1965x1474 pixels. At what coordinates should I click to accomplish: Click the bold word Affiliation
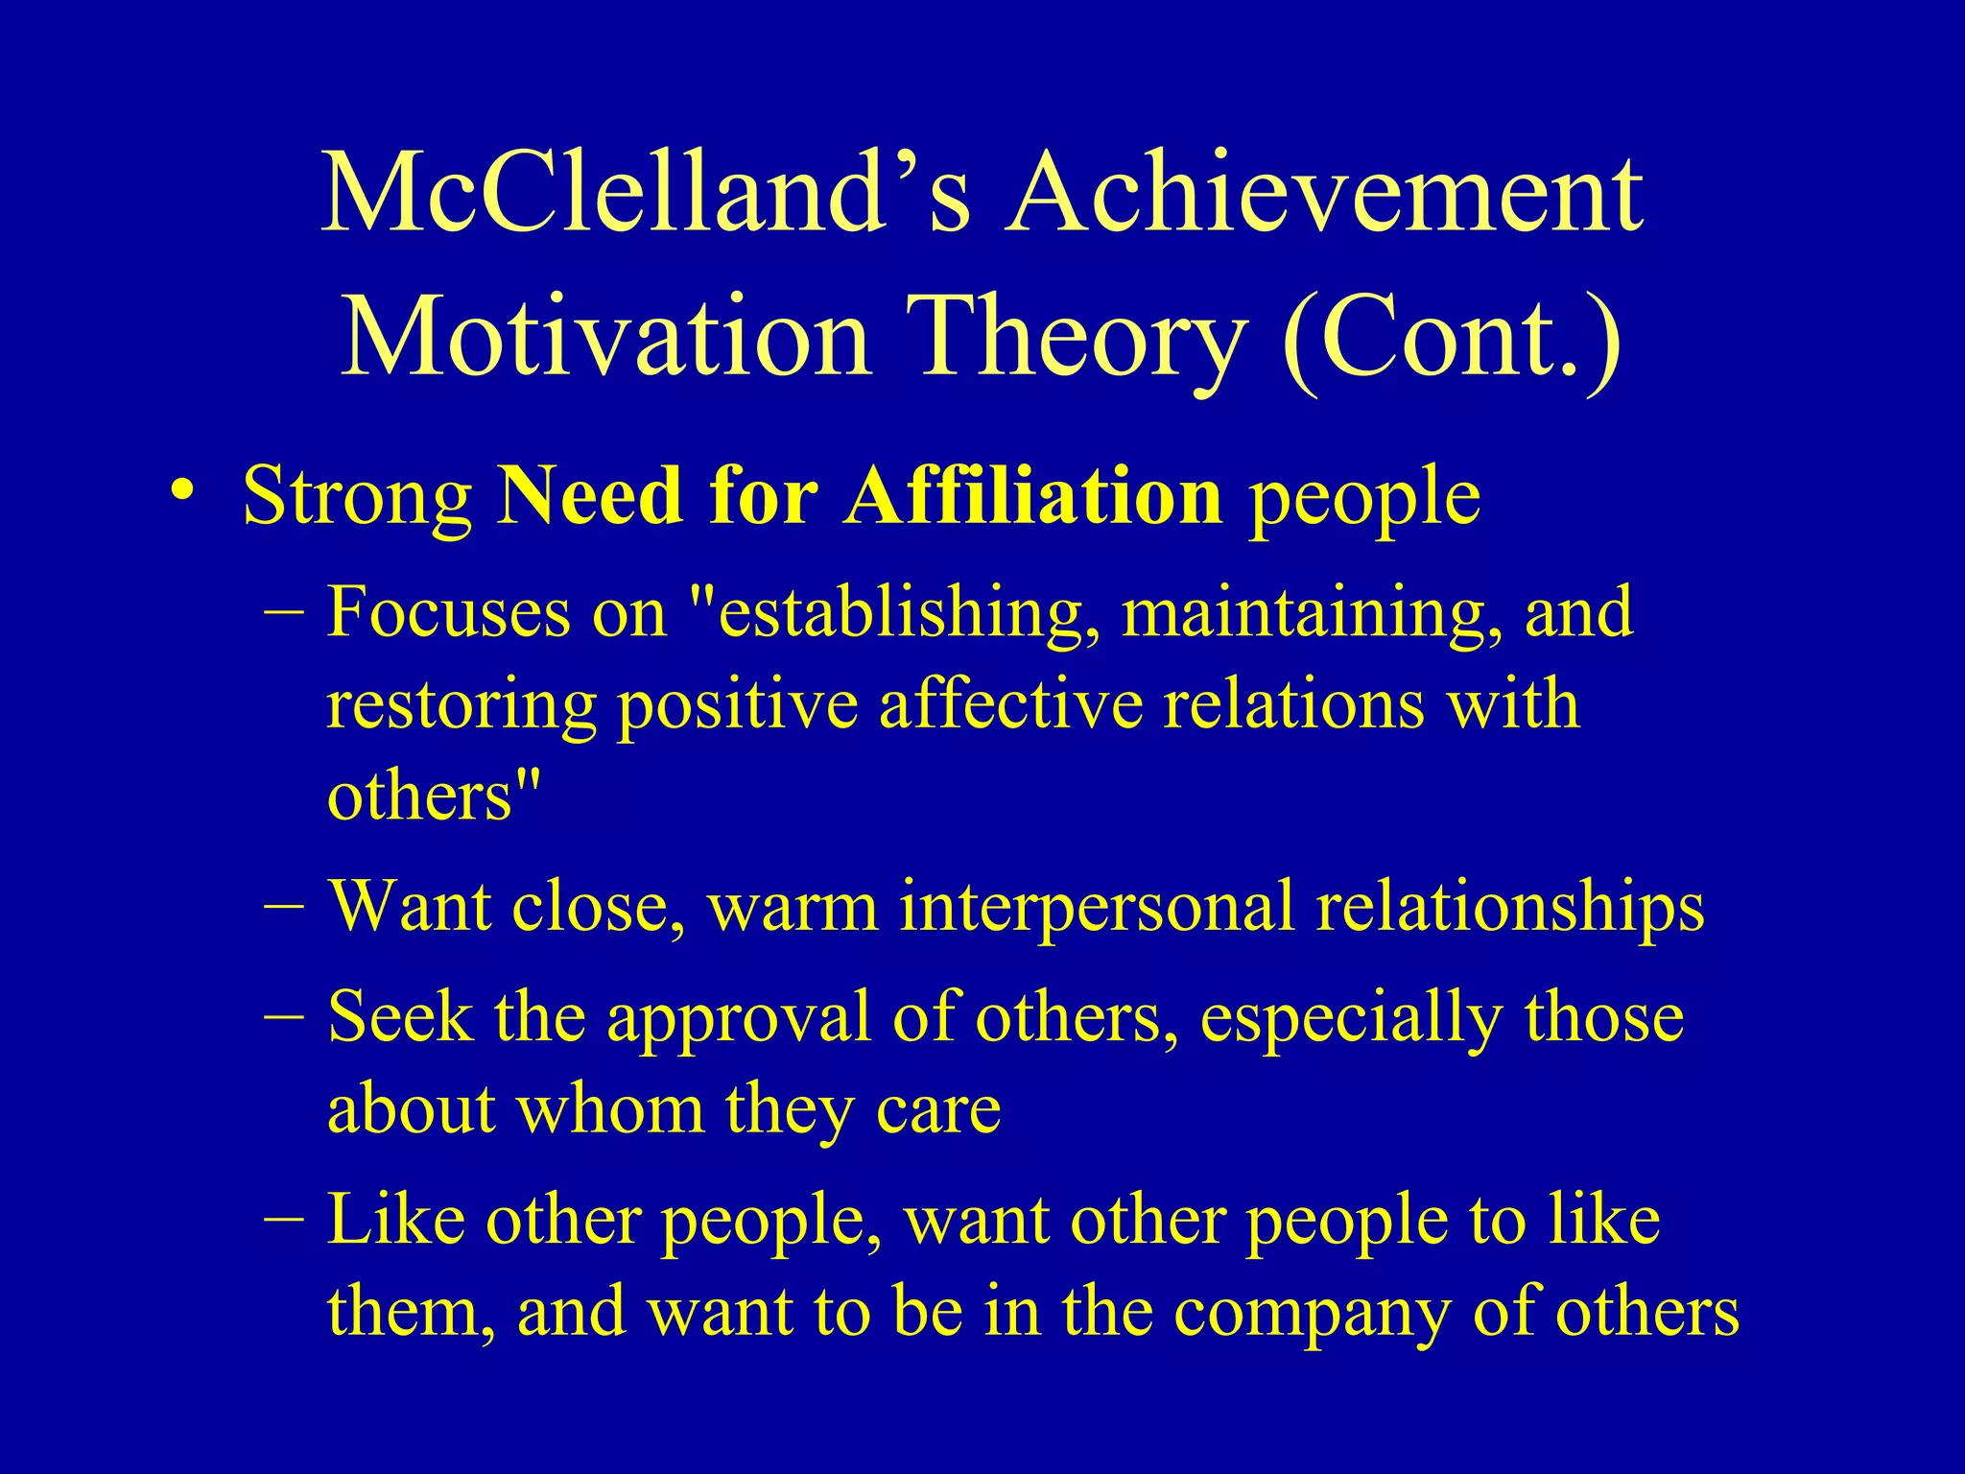pos(1032,496)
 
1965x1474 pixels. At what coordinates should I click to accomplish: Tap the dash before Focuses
pos(283,613)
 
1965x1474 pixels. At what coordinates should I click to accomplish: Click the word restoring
pos(462,705)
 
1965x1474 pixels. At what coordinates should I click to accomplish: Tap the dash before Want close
pos(283,907)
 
